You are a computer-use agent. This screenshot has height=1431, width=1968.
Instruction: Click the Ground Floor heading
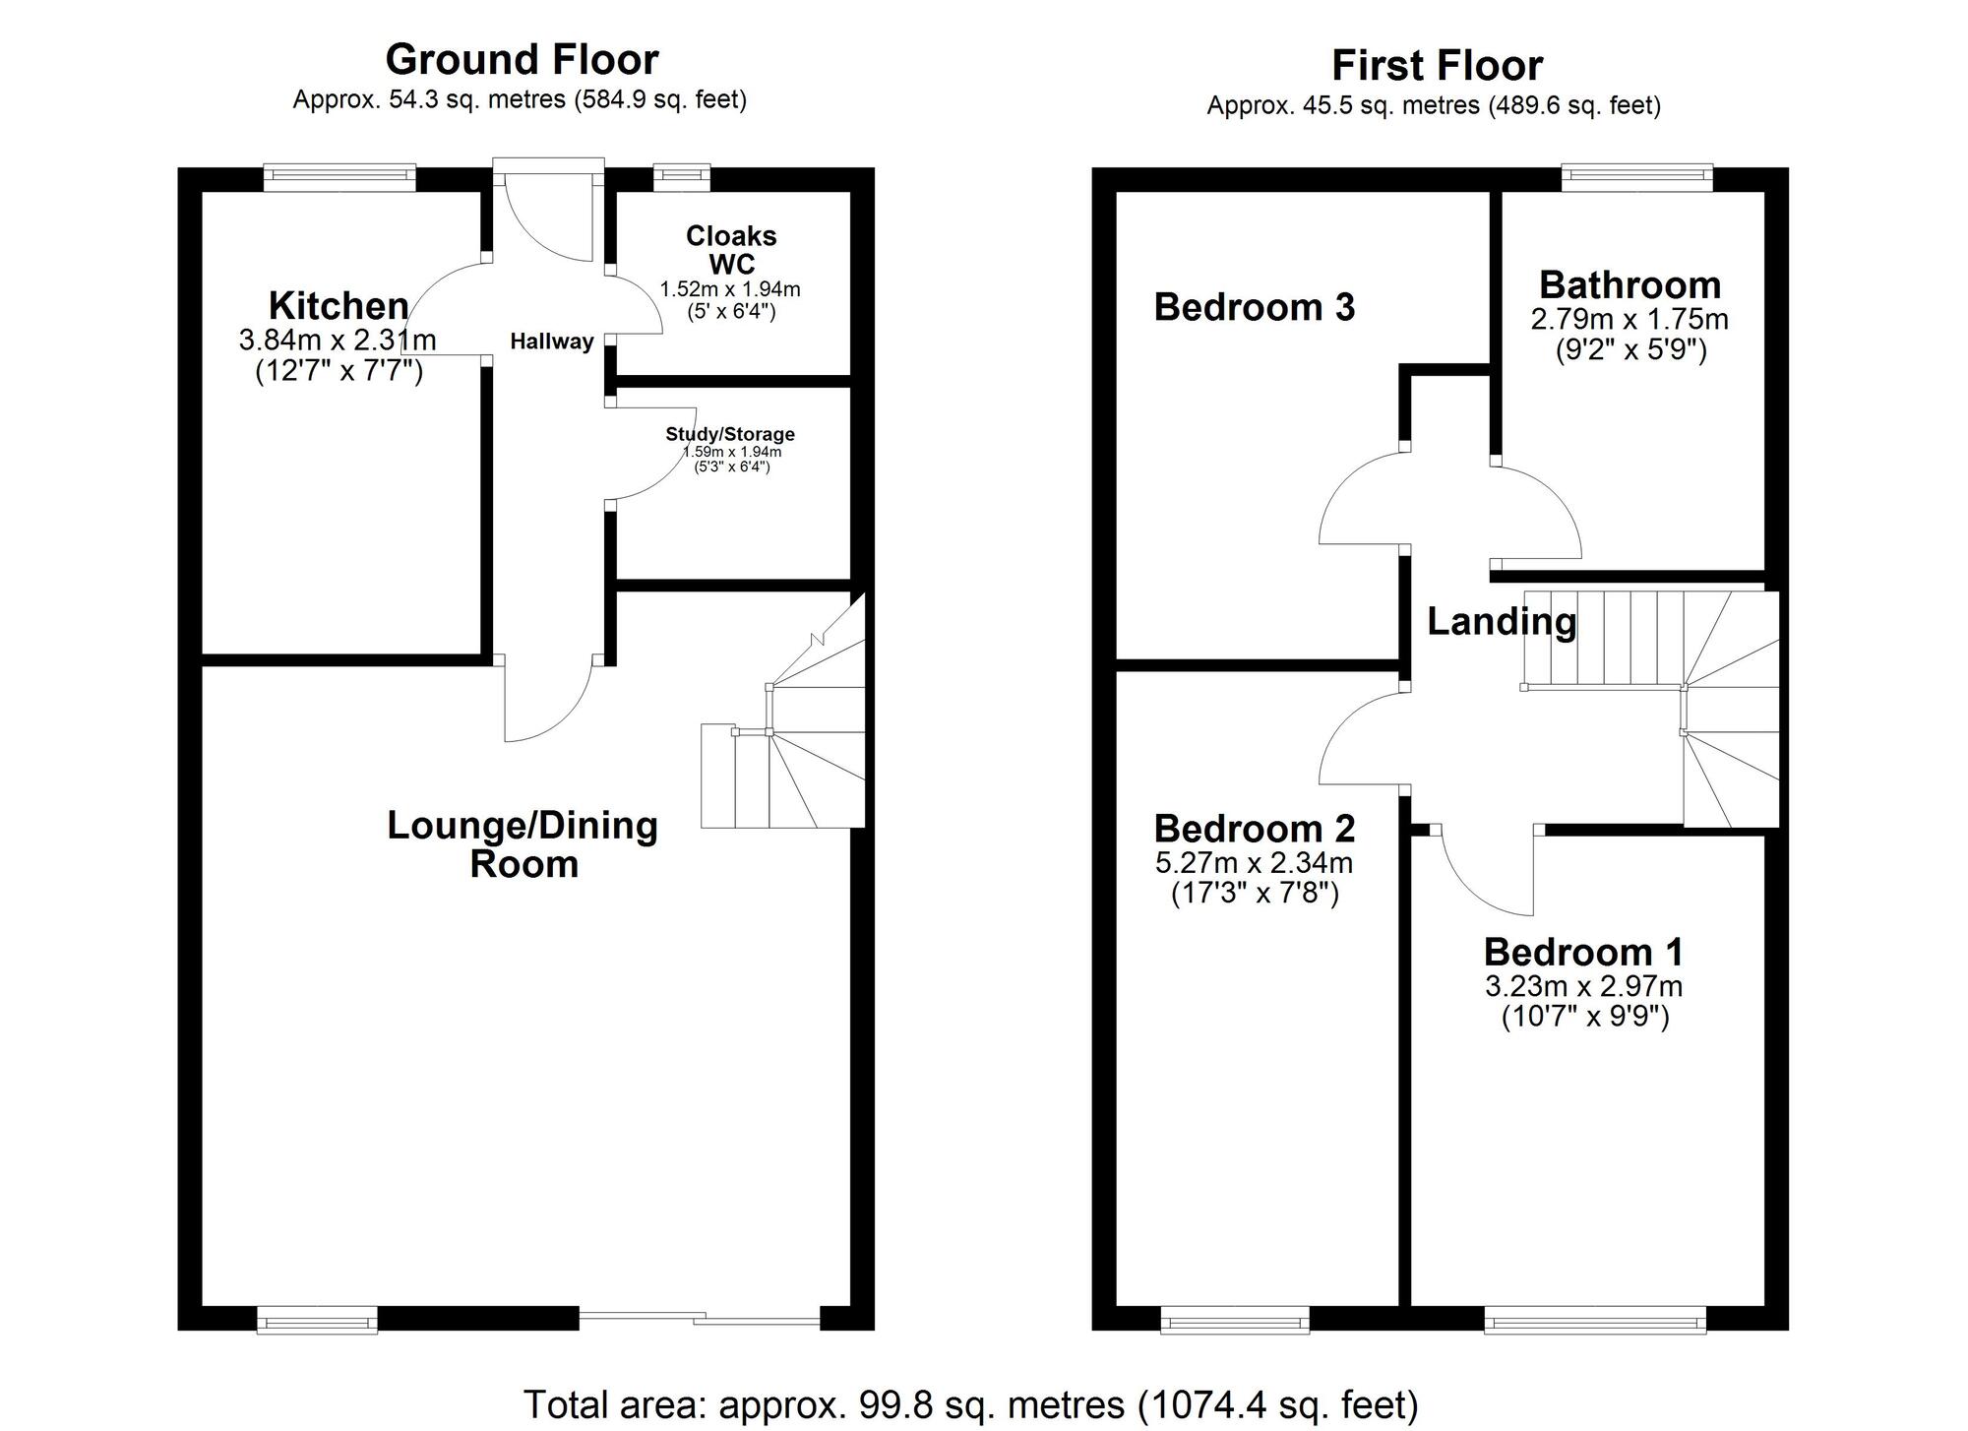pos(522,60)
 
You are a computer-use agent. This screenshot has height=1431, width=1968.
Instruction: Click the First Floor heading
pos(1437,66)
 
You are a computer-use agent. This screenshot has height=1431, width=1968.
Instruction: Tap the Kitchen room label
pos(338,306)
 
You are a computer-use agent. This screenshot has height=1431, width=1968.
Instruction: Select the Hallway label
pos(552,342)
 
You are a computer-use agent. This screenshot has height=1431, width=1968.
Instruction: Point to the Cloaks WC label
pos(732,250)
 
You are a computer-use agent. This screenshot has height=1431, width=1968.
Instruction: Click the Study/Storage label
pos(730,434)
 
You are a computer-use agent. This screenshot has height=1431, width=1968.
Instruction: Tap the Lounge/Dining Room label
pos(523,844)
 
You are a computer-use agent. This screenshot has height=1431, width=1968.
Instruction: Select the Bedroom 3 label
pos(1255,307)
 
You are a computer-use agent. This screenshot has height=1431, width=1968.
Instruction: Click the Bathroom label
pos(1630,284)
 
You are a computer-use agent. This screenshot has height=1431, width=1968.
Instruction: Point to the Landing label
pos(1502,621)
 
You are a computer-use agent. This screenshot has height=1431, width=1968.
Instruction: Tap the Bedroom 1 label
pos(1584,952)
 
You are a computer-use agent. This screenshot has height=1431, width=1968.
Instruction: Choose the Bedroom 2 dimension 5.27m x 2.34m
pos(1255,863)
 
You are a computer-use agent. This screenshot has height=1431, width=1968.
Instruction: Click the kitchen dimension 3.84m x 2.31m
pos(338,341)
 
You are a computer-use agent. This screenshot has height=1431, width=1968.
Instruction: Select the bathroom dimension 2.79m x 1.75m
pos(1630,320)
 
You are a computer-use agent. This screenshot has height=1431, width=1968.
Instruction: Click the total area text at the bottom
pos(971,1404)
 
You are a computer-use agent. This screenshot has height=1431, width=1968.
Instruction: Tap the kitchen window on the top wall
pos(339,177)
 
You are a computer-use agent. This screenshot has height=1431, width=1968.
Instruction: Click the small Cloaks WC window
pos(682,177)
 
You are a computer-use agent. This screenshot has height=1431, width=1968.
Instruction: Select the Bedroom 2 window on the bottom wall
pos(1235,1320)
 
